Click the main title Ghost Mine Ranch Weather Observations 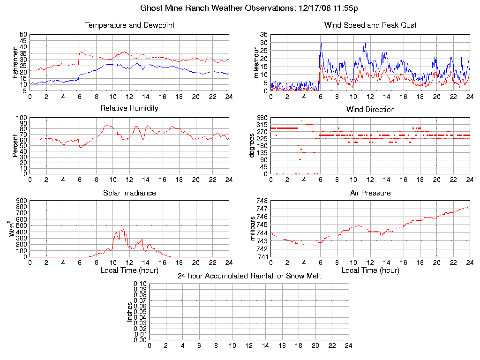(249, 8)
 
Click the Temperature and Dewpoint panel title (129, 25)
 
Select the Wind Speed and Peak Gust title (370, 25)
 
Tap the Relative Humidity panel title (129, 108)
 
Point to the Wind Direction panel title (370, 110)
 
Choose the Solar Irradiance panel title (129, 193)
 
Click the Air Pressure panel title (370, 193)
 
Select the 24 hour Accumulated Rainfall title (249, 276)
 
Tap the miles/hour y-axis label (256, 62)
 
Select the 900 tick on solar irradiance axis (22, 201)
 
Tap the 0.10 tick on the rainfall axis (140, 284)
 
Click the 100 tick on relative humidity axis (22, 118)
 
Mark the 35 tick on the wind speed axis (263, 35)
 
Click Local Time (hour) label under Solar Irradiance (129, 270)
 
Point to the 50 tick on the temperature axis (23, 35)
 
